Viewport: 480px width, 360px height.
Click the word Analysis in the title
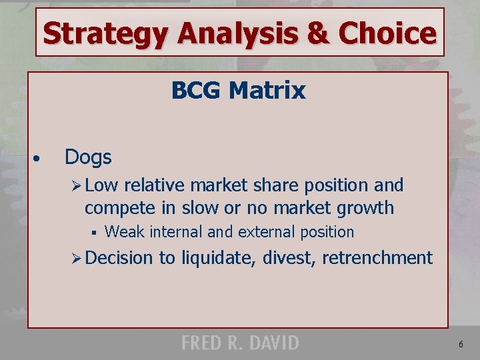coord(211,33)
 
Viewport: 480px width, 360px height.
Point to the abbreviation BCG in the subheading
coord(196,90)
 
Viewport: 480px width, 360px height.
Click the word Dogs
coord(88,157)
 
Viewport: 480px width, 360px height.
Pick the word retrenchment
coord(377,257)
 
